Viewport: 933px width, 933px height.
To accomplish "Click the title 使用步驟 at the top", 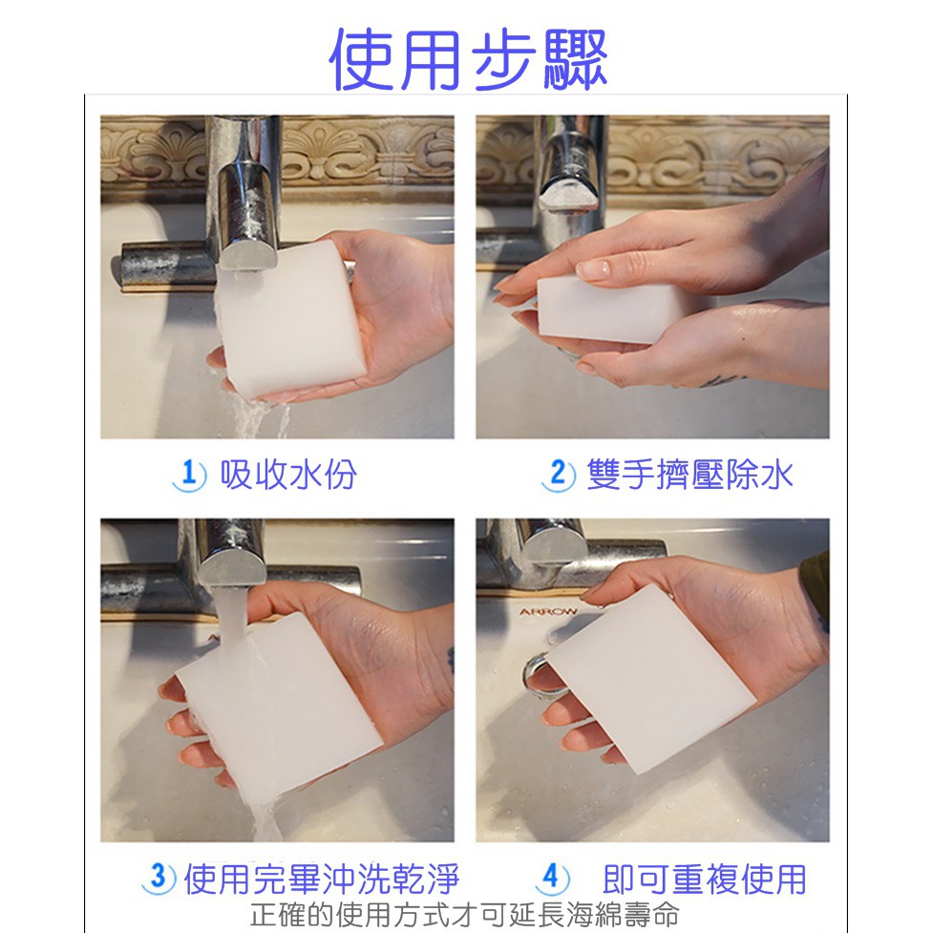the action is click(468, 59).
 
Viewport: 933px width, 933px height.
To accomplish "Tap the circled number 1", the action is click(189, 476).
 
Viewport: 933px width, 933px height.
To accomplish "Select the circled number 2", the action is click(558, 475).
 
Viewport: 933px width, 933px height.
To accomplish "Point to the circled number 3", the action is click(159, 877).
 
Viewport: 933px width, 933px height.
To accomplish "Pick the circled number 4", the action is click(552, 877).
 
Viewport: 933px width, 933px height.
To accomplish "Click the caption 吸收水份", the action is click(288, 475).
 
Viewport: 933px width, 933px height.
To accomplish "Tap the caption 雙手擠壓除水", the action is click(690, 475).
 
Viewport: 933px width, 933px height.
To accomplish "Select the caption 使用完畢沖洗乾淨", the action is click(321, 879).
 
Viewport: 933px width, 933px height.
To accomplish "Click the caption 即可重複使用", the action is click(705, 879).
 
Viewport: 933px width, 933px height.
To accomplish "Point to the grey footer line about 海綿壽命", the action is click(465, 915).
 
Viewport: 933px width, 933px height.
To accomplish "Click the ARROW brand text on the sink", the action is click(548, 612).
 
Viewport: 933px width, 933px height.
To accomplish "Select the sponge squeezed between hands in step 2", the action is click(613, 308).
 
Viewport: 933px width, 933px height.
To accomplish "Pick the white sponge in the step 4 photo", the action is click(651, 678).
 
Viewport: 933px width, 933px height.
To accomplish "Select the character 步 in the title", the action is click(503, 59).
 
